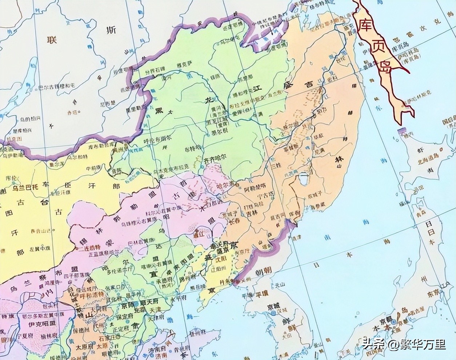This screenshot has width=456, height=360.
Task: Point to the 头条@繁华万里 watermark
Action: pyautogui.click(x=403, y=344)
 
